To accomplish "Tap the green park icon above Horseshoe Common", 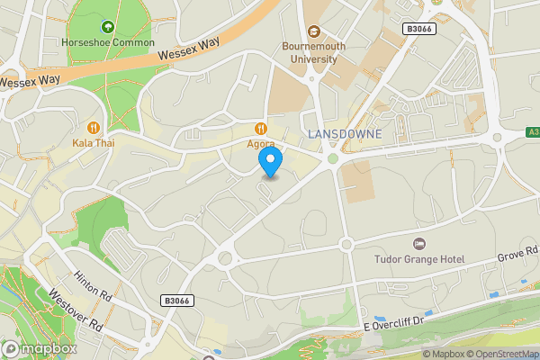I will click(x=109, y=27).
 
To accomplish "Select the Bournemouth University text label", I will click(x=309, y=52).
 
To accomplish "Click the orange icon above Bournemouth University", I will click(x=313, y=29).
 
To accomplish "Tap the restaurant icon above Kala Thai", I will click(x=94, y=128).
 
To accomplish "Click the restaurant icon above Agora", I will click(x=261, y=128).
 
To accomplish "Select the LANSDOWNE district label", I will click(x=346, y=134).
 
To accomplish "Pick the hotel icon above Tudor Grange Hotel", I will click(x=418, y=244).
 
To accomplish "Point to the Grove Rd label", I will click(x=517, y=258).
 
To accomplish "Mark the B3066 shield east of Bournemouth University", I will click(x=418, y=30).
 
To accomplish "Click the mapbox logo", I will click(x=38, y=348).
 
